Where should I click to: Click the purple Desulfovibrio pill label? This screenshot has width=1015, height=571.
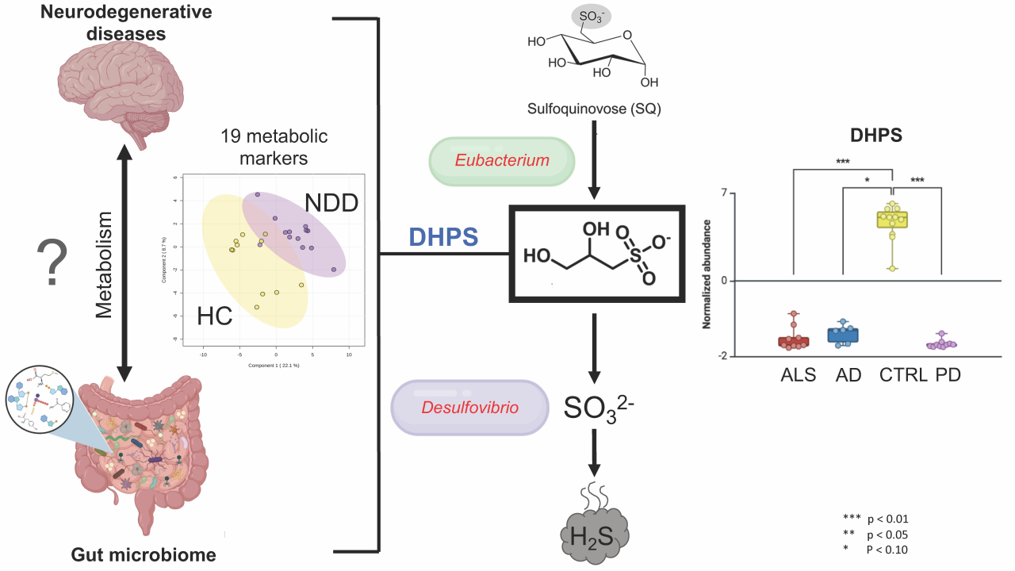click(x=470, y=408)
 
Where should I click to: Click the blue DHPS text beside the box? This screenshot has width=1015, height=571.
click(x=443, y=237)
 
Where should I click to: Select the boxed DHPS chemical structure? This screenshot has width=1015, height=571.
click(x=596, y=253)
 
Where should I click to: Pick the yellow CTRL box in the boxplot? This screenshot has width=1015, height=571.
click(x=892, y=220)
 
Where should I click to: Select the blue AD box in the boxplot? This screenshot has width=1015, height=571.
click(x=843, y=335)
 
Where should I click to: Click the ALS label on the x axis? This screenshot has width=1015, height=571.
click(x=798, y=375)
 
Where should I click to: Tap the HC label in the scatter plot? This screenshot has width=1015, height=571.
click(x=214, y=316)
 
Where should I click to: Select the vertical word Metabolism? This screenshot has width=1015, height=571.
click(x=105, y=265)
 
